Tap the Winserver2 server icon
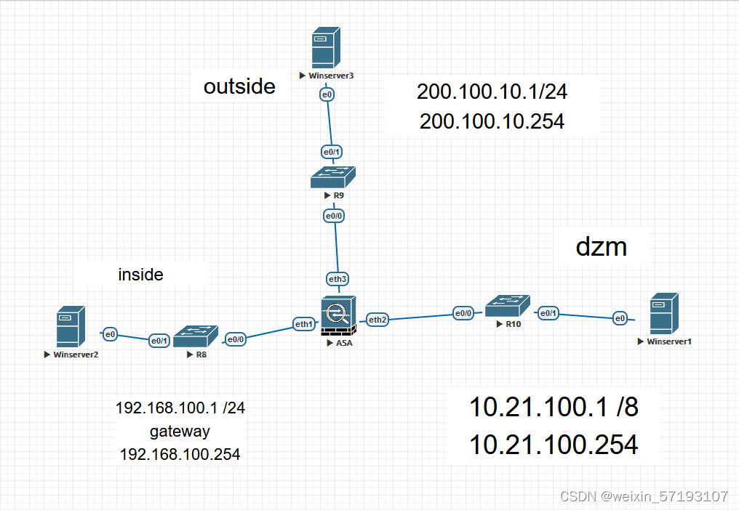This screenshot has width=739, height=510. click(71, 326)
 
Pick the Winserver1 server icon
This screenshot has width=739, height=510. click(665, 313)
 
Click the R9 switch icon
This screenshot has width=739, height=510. click(332, 177)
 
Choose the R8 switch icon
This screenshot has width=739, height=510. click(196, 336)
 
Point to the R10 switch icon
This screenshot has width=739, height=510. click(508, 304)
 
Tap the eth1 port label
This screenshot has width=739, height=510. click(303, 325)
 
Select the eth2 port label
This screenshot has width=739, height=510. click(378, 319)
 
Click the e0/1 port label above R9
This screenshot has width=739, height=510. click(332, 151)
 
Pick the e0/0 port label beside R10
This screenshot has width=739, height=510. click(463, 313)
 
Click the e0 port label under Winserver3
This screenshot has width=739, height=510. click(327, 94)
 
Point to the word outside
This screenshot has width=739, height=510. click(239, 86)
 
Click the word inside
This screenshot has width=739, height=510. click(140, 275)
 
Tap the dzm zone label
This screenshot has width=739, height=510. click(601, 246)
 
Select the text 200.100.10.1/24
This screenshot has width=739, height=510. click(492, 92)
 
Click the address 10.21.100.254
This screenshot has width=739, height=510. click(554, 444)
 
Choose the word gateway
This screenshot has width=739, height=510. click(180, 432)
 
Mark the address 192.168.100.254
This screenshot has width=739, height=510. click(180, 454)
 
